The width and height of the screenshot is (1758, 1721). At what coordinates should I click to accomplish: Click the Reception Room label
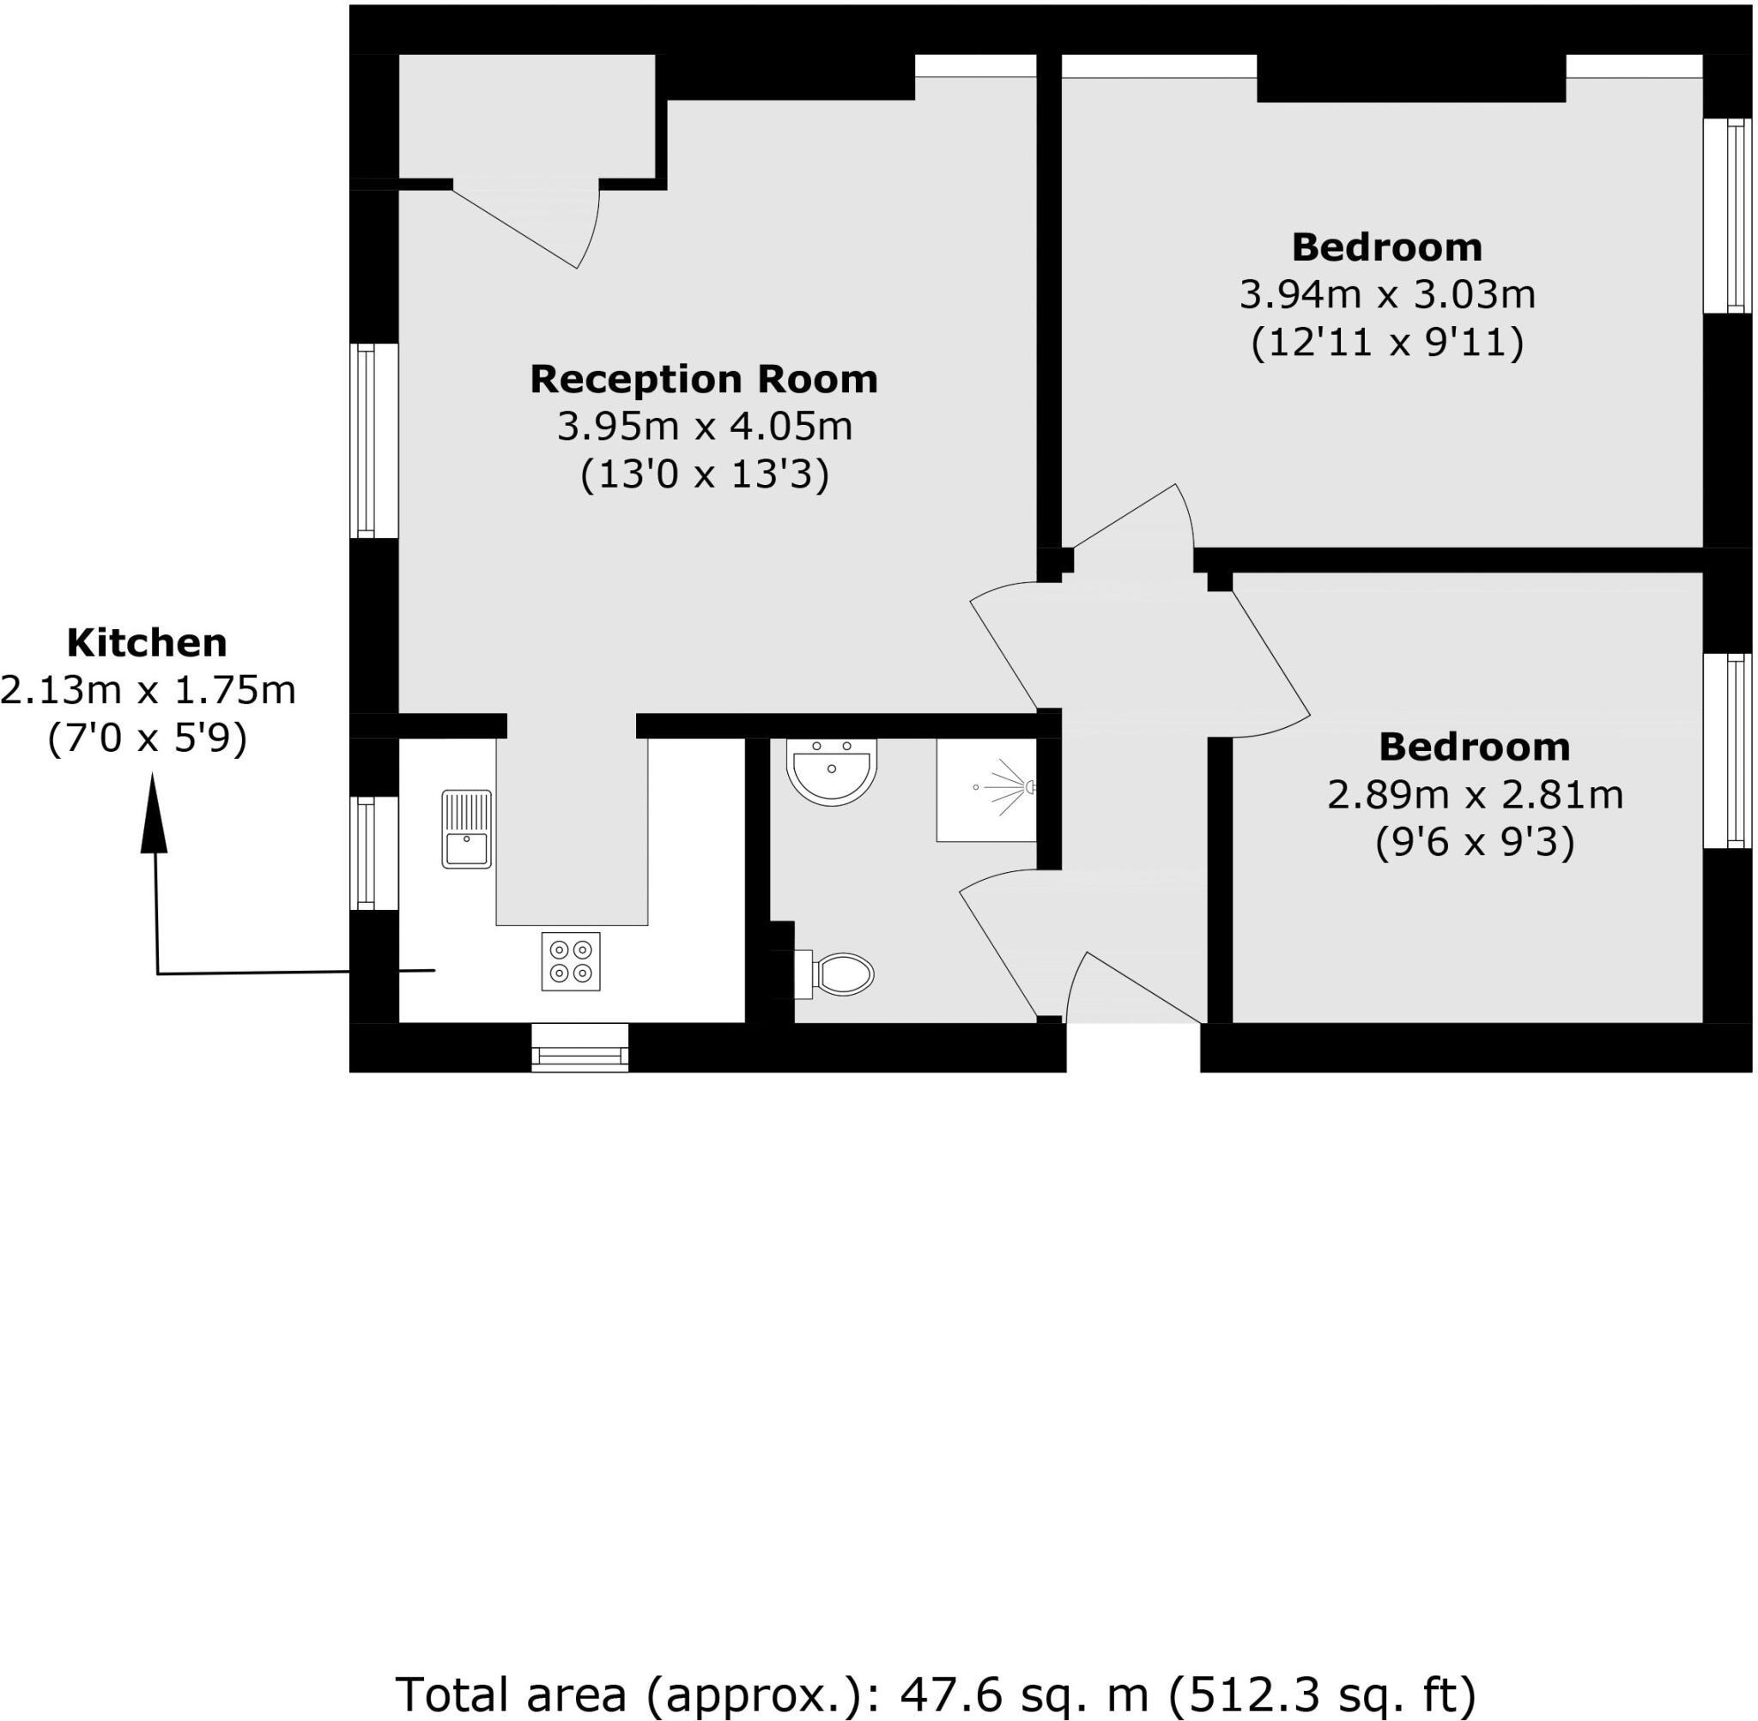pyautogui.click(x=703, y=379)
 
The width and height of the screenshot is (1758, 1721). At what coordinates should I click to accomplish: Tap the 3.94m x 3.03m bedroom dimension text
pyautogui.click(x=1386, y=294)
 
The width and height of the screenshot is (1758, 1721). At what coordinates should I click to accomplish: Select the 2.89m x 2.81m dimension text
pyautogui.click(x=1474, y=796)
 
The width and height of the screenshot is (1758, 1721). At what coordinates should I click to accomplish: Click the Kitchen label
pyautogui.click(x=147, y=643)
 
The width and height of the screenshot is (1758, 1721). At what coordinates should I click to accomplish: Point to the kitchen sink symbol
pyautogui.click(x=466, y=829)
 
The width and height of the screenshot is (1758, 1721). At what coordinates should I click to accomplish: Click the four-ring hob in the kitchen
pyautogui.click(x=570, y=960)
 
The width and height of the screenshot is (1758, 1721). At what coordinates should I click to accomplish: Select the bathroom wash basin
pyautogui.click(x=832, y=770)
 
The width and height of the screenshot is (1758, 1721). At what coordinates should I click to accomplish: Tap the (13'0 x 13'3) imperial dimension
pyautogui.click(x=704, y=475)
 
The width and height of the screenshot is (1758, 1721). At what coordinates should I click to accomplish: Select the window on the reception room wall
pyautogui.click(x=366, y=440)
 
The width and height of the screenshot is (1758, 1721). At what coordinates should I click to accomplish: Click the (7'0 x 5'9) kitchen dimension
pyautogui.click(x=147, y=739)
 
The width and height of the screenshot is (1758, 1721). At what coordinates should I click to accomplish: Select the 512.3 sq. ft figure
pyautogui.click(x=1322, y=1693)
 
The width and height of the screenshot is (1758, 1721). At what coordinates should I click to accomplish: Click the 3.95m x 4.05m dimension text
pyautogui.click(x=704, y=427)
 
